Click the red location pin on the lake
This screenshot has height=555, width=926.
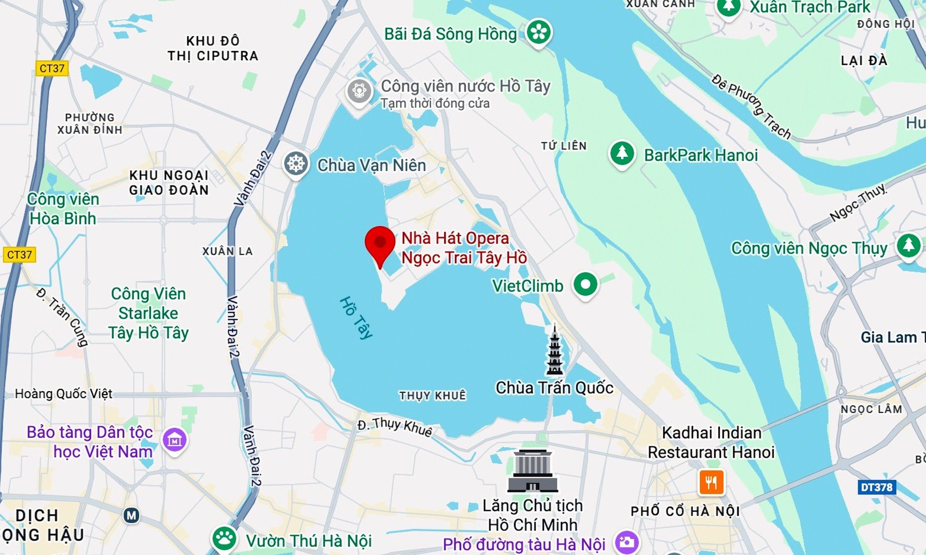tap(380, 243)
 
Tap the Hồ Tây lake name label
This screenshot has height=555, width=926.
tap(356, 318)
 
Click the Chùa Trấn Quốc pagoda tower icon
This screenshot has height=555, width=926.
tap(554, 350)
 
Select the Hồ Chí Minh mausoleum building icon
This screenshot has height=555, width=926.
tap(532, 471)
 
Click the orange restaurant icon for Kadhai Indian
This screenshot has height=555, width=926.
tap(711, 482)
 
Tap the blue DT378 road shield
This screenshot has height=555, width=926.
tap(876, 487)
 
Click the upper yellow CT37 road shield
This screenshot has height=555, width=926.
tap(52, 68)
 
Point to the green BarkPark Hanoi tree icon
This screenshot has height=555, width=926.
tap(622, 153)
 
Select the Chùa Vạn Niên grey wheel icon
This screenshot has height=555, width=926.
tap(296, 164)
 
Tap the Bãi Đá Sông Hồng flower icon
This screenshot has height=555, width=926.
tap(538, 32)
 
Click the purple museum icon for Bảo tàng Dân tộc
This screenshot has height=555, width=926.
tap(174, 439)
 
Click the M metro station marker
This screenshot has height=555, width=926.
tap(131, 516)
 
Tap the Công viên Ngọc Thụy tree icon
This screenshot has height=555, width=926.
tap(908, 245)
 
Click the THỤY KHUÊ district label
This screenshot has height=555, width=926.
tap(432, 396)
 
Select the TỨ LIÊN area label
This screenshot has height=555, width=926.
tap(563, 146)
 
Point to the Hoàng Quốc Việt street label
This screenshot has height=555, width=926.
tap(63, 394)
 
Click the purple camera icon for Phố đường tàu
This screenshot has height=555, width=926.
tap(626, 542)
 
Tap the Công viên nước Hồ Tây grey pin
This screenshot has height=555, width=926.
tap(359, 91)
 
